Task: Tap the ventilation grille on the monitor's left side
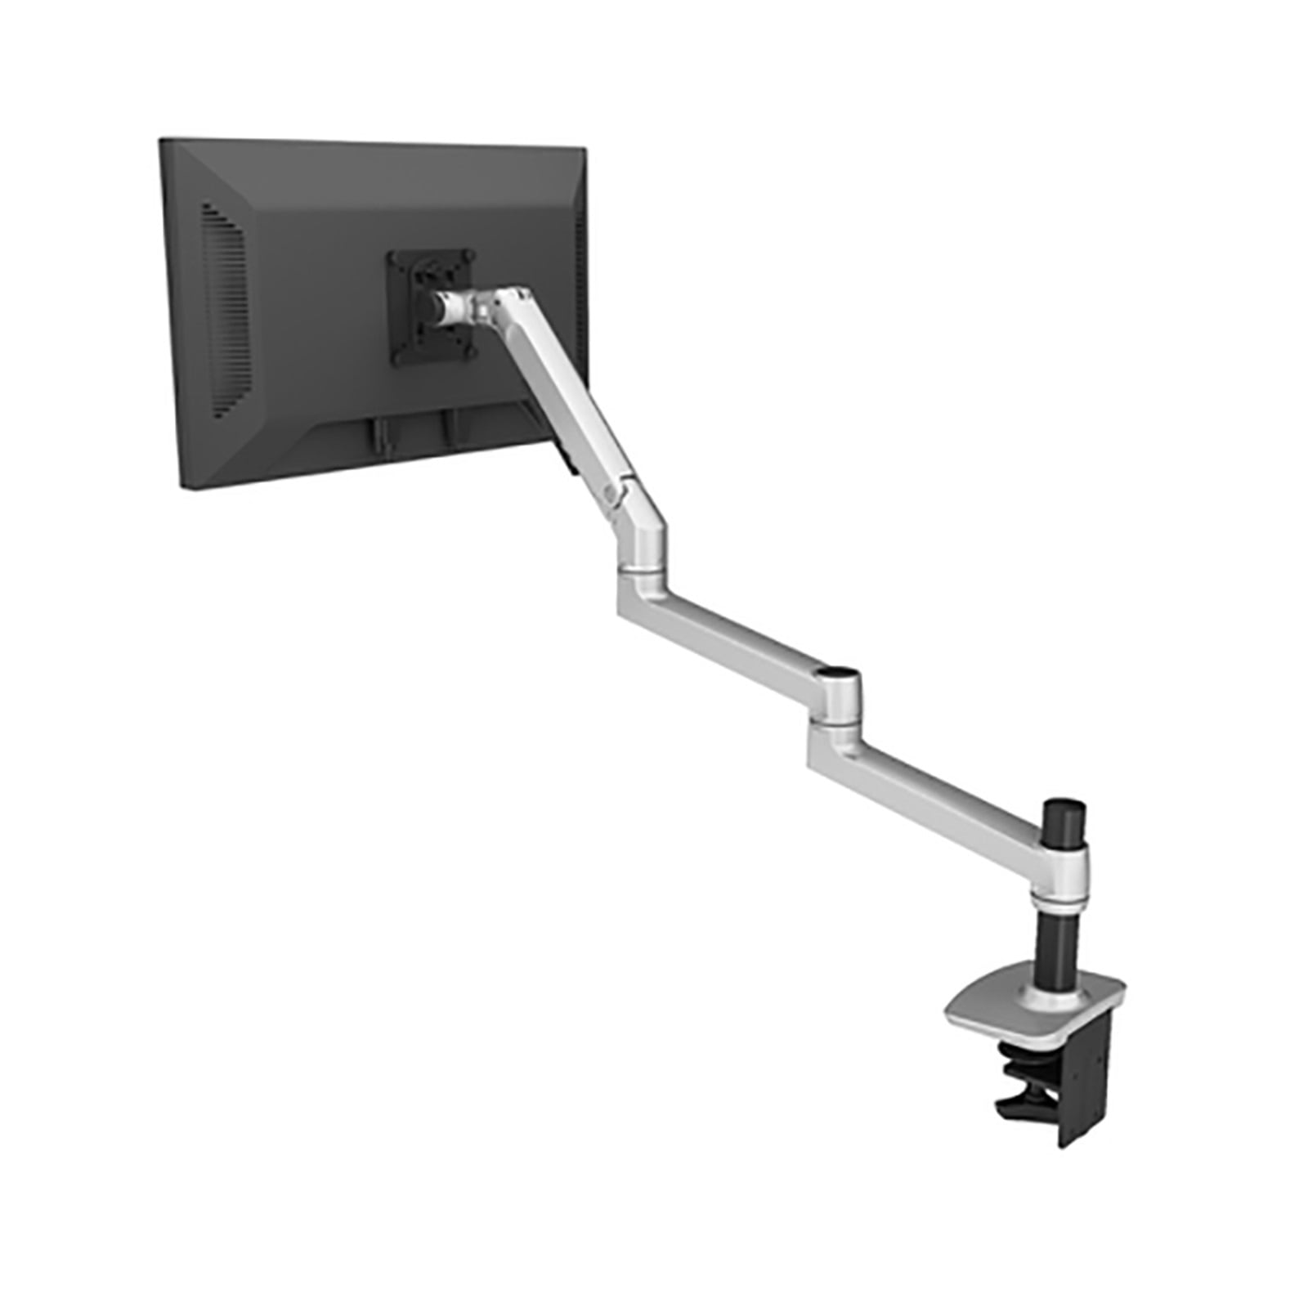coord(223,311)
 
